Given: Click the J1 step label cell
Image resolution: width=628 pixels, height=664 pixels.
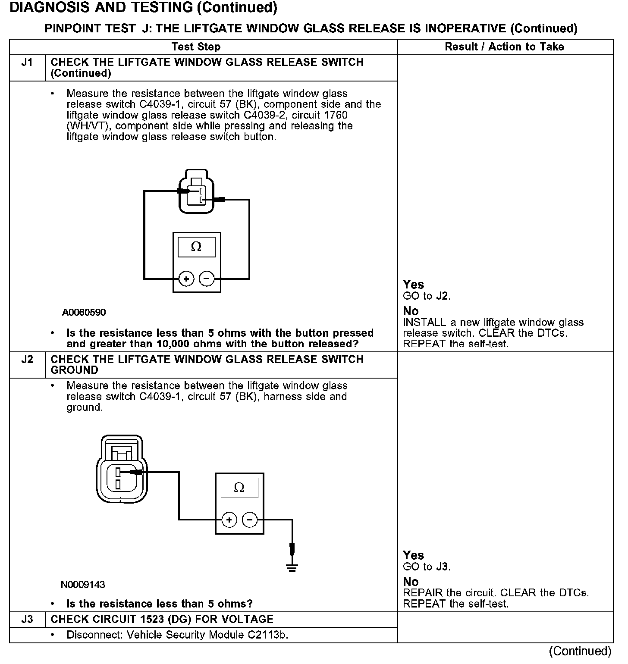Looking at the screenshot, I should coord(27,63).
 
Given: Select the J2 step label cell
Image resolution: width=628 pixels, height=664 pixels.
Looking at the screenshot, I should coord(27,360).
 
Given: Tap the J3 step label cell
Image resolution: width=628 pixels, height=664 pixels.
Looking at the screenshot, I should coord(27,620).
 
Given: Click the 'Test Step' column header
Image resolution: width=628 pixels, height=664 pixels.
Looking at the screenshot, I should coord(196,47).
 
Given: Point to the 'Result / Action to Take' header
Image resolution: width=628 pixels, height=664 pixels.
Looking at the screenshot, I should coord(504,47).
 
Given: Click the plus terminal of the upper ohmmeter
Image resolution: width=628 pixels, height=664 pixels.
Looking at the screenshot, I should coord(186,279).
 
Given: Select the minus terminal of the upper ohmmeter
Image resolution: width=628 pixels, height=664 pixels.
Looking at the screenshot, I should coord(207,279).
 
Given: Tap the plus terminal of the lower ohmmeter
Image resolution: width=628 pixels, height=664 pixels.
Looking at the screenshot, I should coord(229,520).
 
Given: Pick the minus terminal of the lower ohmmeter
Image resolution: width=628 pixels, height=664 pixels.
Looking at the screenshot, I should coord(250,520).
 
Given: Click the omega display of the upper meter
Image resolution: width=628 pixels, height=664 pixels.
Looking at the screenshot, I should coord(196,247).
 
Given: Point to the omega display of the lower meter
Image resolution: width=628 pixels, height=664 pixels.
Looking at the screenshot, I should coord(239,488).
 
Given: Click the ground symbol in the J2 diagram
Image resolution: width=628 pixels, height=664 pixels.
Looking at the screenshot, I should coord(292,567).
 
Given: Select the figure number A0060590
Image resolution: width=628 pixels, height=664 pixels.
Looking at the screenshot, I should coord(84,312).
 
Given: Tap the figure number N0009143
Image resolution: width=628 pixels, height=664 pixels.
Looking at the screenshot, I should coord(83,585).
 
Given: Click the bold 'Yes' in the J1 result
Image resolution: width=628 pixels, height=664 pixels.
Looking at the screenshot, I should coord(413,285).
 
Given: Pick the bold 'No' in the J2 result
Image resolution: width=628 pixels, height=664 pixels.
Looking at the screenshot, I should coord(411,582).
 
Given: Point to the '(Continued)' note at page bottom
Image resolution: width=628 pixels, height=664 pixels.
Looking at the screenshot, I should coord(580,651).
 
